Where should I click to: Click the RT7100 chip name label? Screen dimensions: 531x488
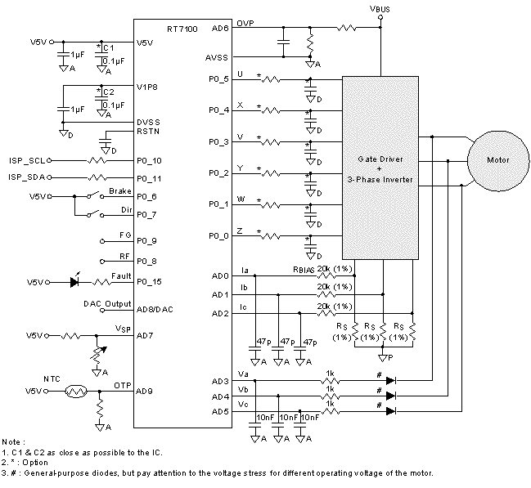pyautogui.click(x=182, y=29)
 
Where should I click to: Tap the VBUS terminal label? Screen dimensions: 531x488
pyautogui.click(x=380, y=9)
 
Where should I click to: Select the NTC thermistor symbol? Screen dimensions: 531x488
pyautogui.click(x=76, y=392)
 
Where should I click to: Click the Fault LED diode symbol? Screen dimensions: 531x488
pyautogui.click(x=74, y=281)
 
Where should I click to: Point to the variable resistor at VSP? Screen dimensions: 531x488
pyautogui.click(x=97, y=353)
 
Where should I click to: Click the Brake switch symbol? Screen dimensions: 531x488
pyautogui.click(x=95, y=196)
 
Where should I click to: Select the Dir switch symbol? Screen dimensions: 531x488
pyautogui.click(x=95, y=214)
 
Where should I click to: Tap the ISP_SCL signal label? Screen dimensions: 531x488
pyautogui.click(x=27, y=160)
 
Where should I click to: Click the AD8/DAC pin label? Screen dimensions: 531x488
pyautogui.click(x=155, y=310)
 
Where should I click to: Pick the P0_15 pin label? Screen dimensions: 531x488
pyautogui.click(x=149, y=281)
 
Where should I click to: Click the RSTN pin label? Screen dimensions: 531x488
pyautogui.click(x=148, y=132)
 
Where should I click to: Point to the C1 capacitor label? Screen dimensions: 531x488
pyautogui.click(x=109, y=48)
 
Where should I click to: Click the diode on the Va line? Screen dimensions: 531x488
pyautogui.click(x=391, y=381)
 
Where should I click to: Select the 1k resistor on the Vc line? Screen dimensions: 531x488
pyautogui.click(x=331, y=411)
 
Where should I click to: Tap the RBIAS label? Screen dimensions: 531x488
pyautogui.click(x=304, y=270)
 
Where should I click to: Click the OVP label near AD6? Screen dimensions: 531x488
pyautogui.click(x=245, y=24)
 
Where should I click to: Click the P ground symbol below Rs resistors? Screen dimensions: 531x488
pyautogui.click(x=384, y=357)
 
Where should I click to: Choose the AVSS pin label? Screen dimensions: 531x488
pyautogui.click(x=216, y=58)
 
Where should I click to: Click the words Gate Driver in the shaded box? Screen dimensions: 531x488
pyautogui.click(x=380, y=159)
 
